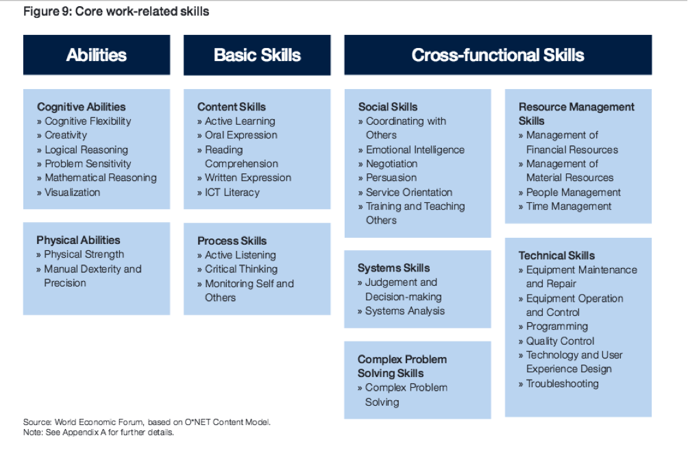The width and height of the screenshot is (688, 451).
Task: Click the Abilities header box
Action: [97, 55]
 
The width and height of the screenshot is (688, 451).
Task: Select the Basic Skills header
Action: [257, 55]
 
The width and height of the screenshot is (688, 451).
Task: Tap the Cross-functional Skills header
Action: [498, 55]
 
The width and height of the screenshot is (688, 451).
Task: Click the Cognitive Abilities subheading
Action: [81, 107]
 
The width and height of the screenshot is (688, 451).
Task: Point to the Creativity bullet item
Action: [66, 135]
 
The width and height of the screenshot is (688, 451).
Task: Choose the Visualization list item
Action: [73, 192]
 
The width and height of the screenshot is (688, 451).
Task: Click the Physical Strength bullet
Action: [84, 254]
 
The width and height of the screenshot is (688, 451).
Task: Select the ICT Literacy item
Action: [232, 192]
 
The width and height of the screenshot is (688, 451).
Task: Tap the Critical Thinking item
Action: [241, 269]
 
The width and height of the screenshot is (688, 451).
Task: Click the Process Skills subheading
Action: [232, 241]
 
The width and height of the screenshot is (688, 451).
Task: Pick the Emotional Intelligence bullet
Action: [415, 149]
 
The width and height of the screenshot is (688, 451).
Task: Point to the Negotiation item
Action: [391, 164]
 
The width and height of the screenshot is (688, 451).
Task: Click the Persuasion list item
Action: [391, 178]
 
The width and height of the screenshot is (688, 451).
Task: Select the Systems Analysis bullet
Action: [404, 311]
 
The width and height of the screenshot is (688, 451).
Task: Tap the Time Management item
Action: [569, 206]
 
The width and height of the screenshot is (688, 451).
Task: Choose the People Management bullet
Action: [574, 192]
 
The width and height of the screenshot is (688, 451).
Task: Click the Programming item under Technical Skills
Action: [557, 326]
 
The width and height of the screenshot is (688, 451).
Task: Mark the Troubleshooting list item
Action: [562, 384]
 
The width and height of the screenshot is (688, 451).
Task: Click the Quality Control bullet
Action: [560, 341]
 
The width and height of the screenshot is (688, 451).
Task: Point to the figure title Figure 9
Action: [116, 12]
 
